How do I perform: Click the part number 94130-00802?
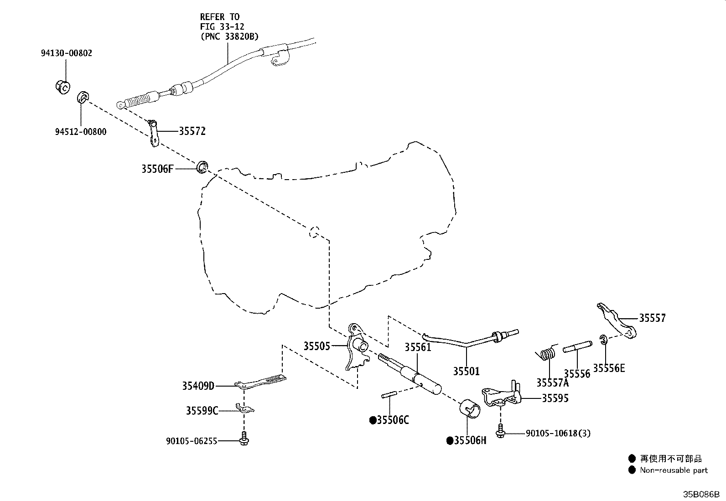(x=67, y=53)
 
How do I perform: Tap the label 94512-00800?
(x=81, y=132)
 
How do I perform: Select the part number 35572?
(x=192, y=131)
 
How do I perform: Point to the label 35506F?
(x=157, y=169)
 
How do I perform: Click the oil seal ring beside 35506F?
(x=202, y=166)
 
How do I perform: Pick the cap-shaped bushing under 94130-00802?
(x=62, y=87)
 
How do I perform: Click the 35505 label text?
(x=316, y=346)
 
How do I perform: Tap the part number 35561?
(x=418, y=347)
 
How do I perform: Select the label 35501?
(x=466, y=371)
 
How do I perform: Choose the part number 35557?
(x=653, y=318)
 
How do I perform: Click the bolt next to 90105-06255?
(x=244, y=439)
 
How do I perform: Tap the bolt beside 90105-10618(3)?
(x=501, y=431)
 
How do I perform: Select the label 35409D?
(x=198, y=386)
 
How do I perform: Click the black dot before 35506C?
(x=373, y=420)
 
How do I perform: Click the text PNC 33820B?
(x=229, y=36)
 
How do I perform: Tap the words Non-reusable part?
(x=674, y=470)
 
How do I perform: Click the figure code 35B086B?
(x=701, y=494)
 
